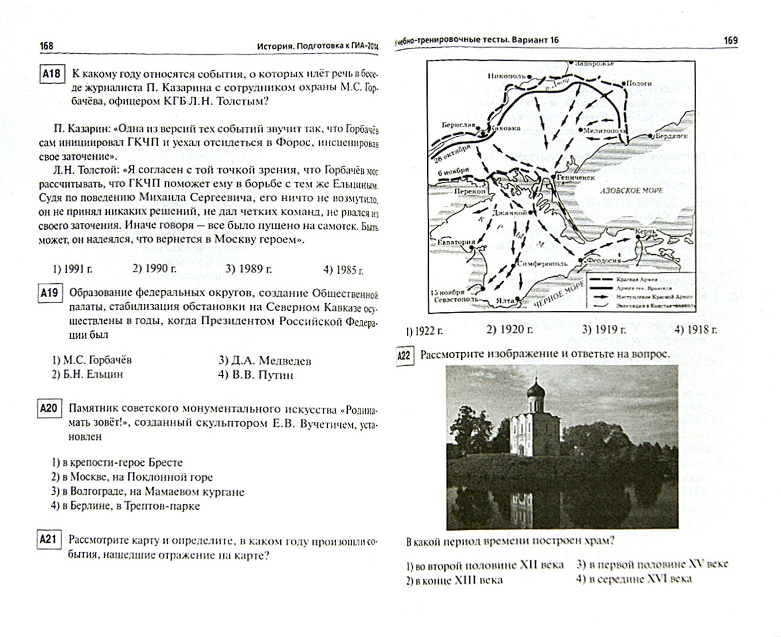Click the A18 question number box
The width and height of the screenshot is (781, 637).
pyautogui.click(x=51, y=74)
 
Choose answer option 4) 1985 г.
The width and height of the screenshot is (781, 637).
pyautogui.click(x=343, y=270)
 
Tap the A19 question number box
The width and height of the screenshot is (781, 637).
pyautogui.click(x=50, y=293)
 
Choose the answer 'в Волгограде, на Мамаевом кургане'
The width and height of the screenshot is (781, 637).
pyautogui.click(x=147, y=491)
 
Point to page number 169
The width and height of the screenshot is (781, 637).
pyautogui.click(x=730, y=41)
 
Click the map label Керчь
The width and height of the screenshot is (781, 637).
pyautogui.click(x=645, y=232)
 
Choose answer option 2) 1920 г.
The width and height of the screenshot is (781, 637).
pyautogui.click(x=509, y=329)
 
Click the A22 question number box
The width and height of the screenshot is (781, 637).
pyautogui.click(x=404, y=356)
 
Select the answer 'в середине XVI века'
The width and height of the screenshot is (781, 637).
pyautogui.click(x=634, y=579)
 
